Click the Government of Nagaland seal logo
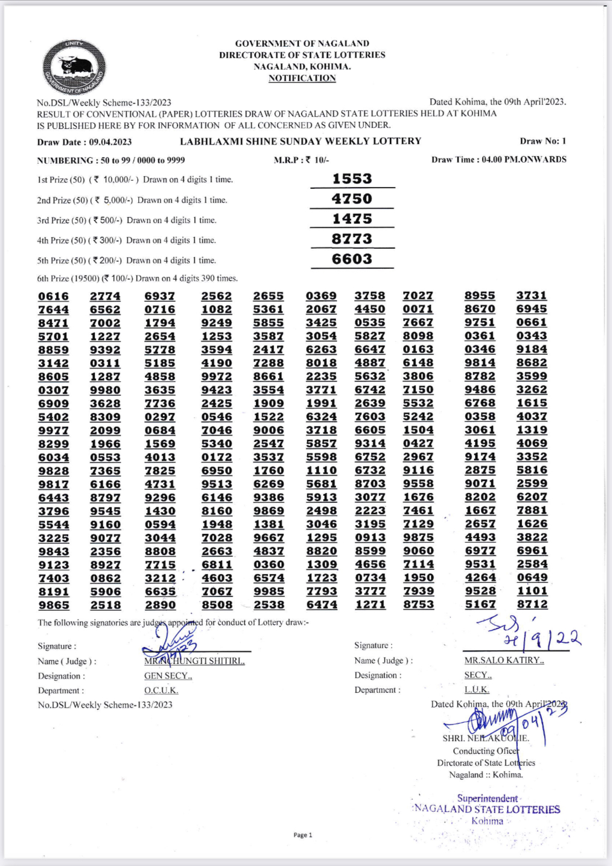tap(74, 67)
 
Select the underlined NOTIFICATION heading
tap(302, 78)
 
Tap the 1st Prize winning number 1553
tap(352, 179)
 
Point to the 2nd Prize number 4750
tap(352, 199)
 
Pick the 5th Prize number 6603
tap(352, 259)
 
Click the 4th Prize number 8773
tap(352, 239)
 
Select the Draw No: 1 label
tap(542, 141)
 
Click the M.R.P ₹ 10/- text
tap(301, 160)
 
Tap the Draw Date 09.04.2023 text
tap(84, 142)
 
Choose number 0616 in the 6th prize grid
tap(53, 296)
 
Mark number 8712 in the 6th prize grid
tap(531, 604)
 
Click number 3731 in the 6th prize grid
tap(531, 295)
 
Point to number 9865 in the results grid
tap(53, 605)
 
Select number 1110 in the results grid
tap(321, 470)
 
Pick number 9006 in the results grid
tap(268, 430)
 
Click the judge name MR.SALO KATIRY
tap(504, 660)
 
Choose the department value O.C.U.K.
tap(161, 691)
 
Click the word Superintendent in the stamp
tap(487, 799)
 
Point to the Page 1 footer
tap(302, 835)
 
